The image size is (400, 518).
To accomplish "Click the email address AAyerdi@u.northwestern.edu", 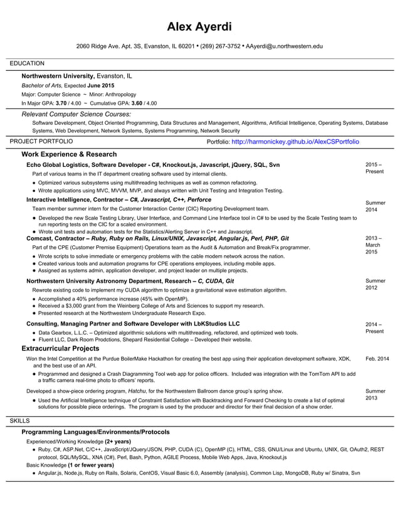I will pyautogui.click(x=284, y=46).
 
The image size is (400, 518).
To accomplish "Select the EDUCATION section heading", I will pyautogui.click(x=27, y=63).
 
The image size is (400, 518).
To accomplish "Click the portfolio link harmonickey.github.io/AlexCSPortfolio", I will pyautogui.click(x=295, y=142).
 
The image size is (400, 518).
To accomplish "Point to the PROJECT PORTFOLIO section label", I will pyautogui.click(x=41, y=142).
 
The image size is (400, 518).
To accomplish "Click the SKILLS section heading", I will pyautogui.click(x=21, y=420).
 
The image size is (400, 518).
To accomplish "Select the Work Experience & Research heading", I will pyautogui.click(x=69, y=154).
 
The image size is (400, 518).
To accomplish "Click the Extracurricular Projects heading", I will pyautogui.click(x=60, y=347).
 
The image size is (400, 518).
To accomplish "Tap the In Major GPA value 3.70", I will pyautogui.click(x=61, y=103).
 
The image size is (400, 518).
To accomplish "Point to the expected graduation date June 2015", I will pyautogui.click(x=101, y=85).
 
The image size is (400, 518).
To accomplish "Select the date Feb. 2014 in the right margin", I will pyautogui.click(x=377, y=359).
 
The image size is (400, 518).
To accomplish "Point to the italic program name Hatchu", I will pyautogui.click(x=137, y=391).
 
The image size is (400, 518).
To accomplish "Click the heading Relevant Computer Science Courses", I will pyautogui.click(x=76, y=114).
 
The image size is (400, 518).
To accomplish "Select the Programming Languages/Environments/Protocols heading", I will pyautogui.click(x=95, y=432).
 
